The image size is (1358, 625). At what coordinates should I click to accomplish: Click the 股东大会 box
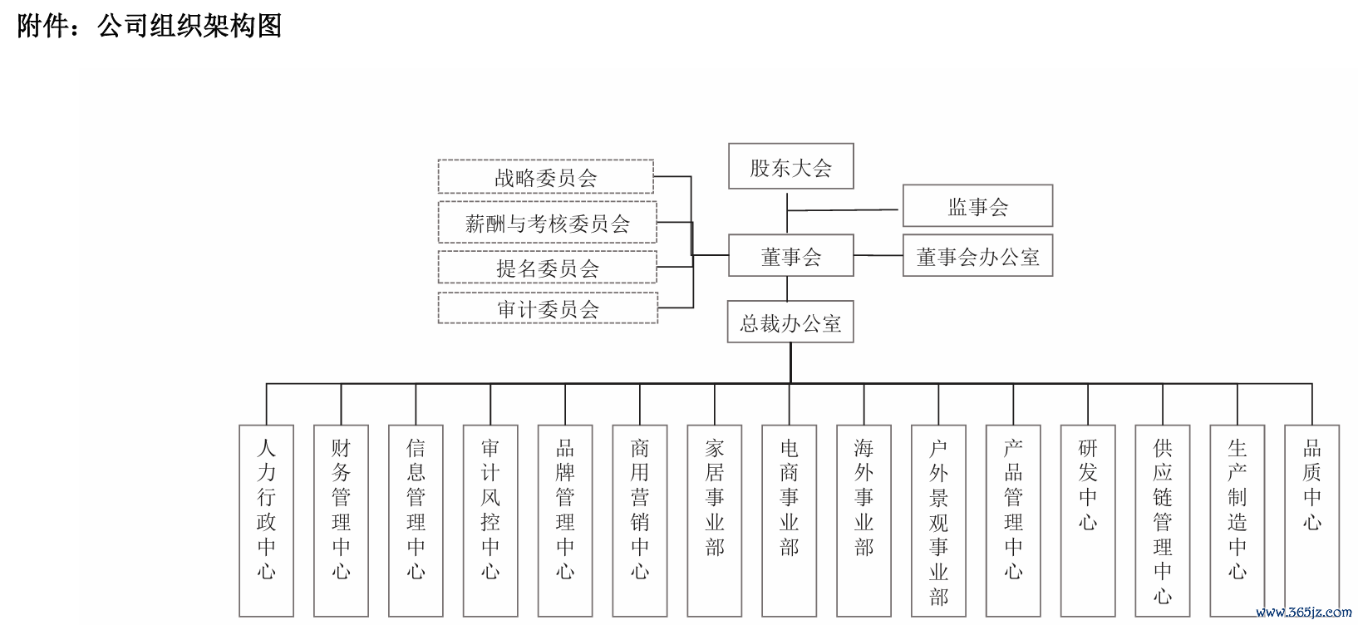click(x=790, y=166)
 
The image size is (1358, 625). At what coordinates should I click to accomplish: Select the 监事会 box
click(x=977, y=205)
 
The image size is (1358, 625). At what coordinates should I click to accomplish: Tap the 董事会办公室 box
click(x=977, y=255)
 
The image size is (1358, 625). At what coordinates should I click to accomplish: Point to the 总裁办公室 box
click(x=790, y=322)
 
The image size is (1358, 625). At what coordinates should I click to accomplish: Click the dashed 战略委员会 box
click(x=546, y=176)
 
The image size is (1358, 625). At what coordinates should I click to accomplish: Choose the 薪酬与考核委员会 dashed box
click(x=548, y=222)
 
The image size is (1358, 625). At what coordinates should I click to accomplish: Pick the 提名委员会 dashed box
click(x=548, y=267)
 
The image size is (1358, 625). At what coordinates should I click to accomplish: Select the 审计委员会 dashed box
click(x=548, y=308)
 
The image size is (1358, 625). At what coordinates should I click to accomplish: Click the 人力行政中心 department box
click(x=266, y=521)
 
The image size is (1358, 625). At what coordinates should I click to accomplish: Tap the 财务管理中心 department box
click(x=341, y=521)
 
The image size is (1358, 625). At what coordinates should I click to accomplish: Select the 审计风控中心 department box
click(x=490, y=521)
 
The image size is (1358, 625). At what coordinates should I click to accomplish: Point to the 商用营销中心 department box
click(x=640, y=521)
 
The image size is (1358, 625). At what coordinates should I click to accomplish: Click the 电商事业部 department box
click(x=790, y=521)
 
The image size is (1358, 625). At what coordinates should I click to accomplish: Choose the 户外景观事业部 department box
click(x=938, y=521)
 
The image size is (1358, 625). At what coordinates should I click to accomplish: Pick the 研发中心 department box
click(x=1088, y=521)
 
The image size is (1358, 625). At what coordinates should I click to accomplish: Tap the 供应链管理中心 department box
click(x=1163, y=521)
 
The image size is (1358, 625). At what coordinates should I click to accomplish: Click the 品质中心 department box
click(x=1312, y=521)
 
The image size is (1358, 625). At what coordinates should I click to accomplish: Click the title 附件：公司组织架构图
click(x=149, y=26)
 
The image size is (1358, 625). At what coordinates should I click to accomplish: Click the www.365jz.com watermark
click(x=1303, y=613)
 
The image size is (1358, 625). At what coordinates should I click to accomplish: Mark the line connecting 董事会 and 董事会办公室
click(x=878, y=255)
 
